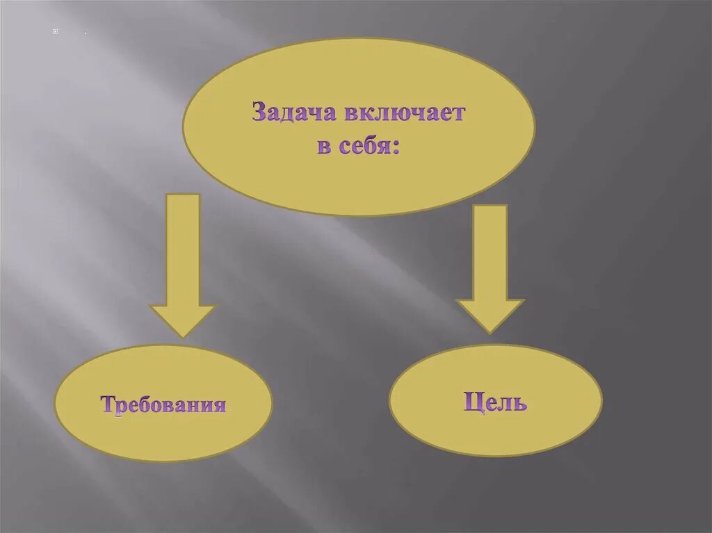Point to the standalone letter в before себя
(324, 147)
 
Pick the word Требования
(163, 404)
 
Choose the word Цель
(495, 402)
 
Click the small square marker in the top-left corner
(55, 32)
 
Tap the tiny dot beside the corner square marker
(85, 33)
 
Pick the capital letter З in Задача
(259, 113)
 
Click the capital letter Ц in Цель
(472, 402)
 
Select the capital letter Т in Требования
(108, 404)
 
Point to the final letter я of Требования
(220, 405)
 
